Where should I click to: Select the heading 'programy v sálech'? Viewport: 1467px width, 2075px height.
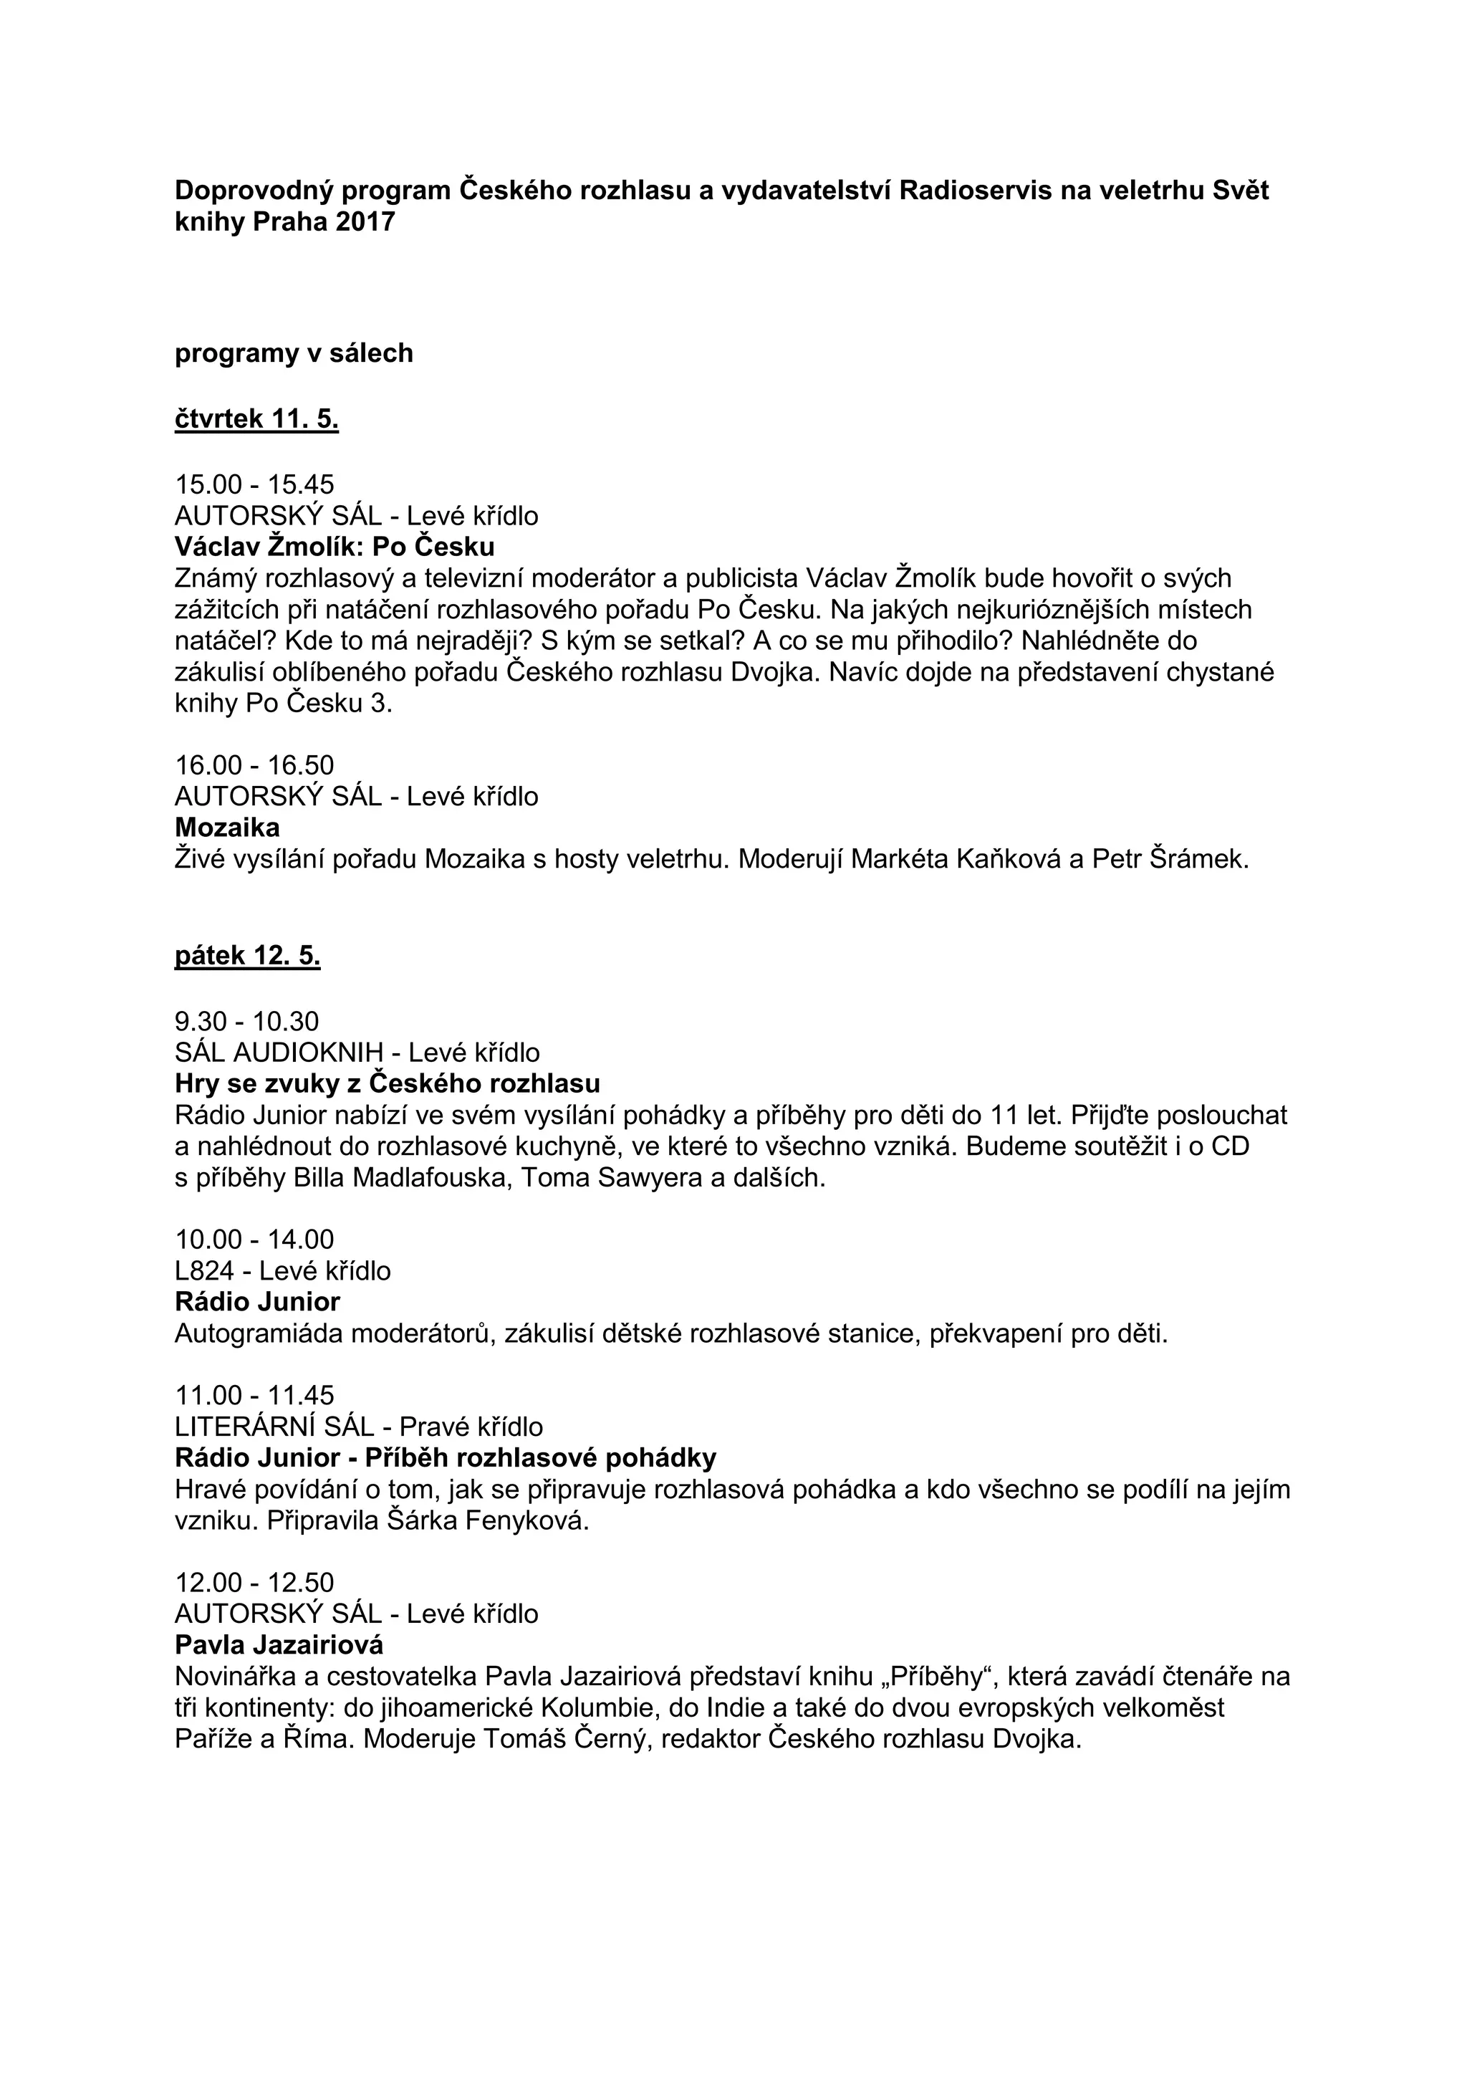(x=294, y=353)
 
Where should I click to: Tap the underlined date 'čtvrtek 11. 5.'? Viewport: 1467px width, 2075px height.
(x=256, y=419)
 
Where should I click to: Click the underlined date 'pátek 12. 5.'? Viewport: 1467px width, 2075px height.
(x=248, y=956)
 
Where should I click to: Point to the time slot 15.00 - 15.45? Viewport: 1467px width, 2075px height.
(x=255, y=484)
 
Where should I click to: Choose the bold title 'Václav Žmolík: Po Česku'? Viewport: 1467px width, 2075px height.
(x=335, y=547)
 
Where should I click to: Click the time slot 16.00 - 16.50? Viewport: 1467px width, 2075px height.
(x=255, y=765)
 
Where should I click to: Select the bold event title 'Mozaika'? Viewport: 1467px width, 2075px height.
(x=228, y=827)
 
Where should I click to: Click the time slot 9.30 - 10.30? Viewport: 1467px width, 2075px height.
(x=246, y=1021)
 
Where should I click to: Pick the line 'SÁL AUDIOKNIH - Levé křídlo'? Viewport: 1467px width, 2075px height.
(x=357, y=1052)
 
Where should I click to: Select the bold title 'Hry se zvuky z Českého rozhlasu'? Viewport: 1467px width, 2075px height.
(x=388, y=1083)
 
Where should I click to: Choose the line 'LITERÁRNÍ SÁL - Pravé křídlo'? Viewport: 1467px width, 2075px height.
(x=359, y=1426)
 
